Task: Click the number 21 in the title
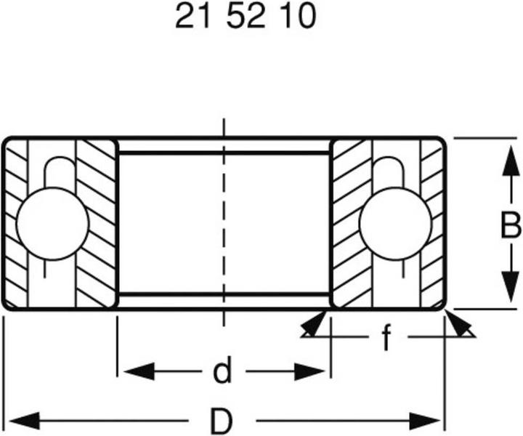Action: point(191,17)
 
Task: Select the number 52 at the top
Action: point(246,17)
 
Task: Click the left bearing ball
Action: point(52,223)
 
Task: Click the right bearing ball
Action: point(396,223)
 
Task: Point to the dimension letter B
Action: point(511,227)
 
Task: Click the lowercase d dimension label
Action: point(222,372)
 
